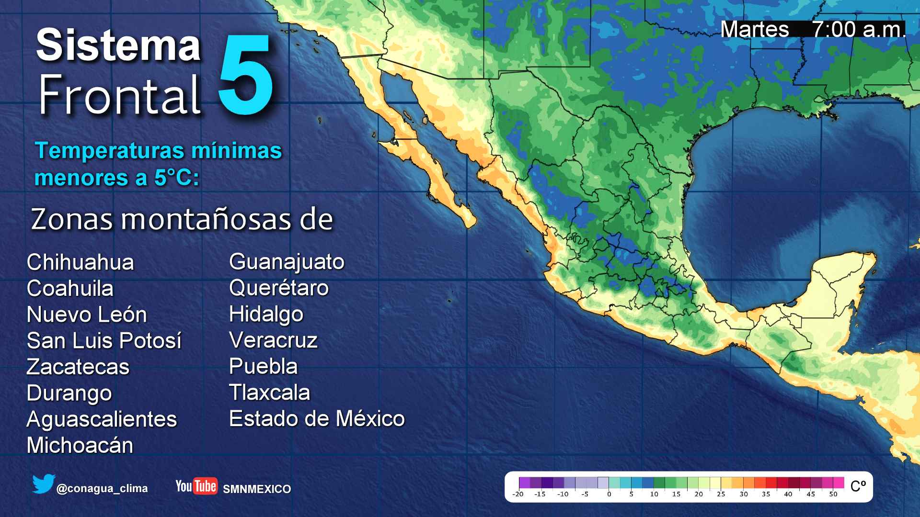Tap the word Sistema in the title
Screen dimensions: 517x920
tap(118, 45)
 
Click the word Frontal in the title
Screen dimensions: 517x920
tap(119, 95)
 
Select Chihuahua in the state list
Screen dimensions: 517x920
tap(80, 262)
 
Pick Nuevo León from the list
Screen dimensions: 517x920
tap(87, 315)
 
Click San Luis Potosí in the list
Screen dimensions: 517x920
tap(104, 341)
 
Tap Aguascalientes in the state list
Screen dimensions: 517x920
tap(102, 419)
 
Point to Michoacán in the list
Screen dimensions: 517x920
tap(80, 445)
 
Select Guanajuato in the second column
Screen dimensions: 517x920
tap(287, 262)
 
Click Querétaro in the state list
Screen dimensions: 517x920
tap(279, 288)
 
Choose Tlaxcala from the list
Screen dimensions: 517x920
tap(269, 393)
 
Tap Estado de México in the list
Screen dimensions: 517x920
tap(317, 419)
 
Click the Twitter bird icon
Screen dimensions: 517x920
tap(44, 484)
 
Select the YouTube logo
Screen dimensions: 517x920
tap(196, 486)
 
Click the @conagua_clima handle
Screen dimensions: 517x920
tap(102, 489)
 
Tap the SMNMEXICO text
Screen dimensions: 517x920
tap(257, 489)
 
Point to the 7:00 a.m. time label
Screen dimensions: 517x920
tap(858, 30)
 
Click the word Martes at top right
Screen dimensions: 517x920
tap(755, 30)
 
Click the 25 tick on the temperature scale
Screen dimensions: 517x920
tap(721, 494)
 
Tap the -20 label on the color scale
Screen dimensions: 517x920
tap(518, 494)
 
